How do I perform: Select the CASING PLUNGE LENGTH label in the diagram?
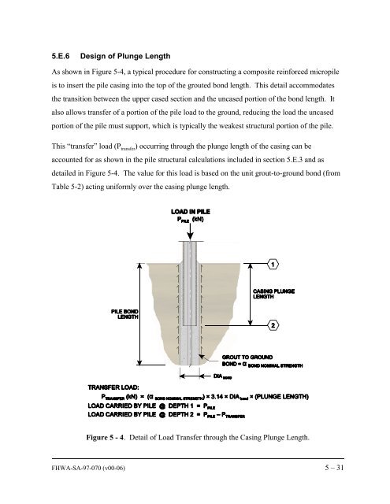[x=273, y=293]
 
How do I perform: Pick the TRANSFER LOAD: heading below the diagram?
[x=110, y=387]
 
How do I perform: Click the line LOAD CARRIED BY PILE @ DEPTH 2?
[x=166, y=415]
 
